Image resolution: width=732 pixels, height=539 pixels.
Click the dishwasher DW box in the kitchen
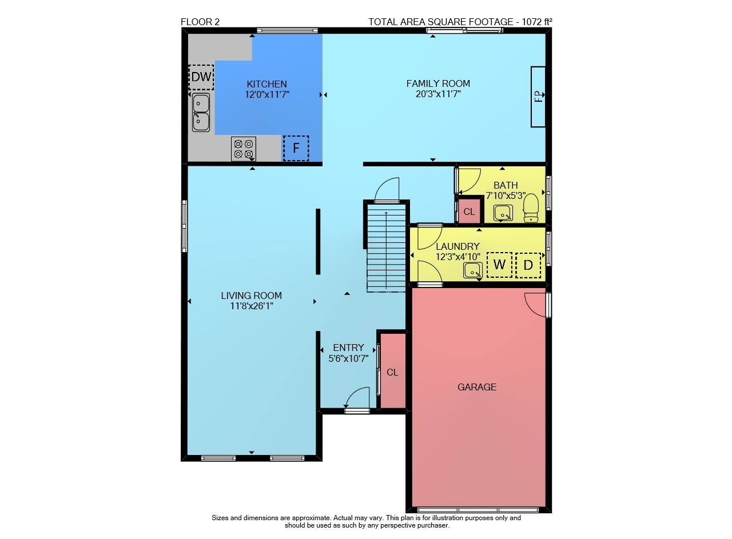coord(201,77)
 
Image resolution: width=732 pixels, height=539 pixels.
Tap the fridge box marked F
coord(296,148)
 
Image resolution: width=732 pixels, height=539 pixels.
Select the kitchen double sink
coord(201,113)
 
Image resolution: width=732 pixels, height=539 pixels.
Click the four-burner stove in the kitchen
coord(244,149)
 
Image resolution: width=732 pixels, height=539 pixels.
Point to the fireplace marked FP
coord(538,97)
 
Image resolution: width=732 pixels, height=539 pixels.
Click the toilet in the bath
coord(531,207)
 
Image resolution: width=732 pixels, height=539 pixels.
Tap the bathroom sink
coord(503,213)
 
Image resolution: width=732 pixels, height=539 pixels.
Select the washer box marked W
coord(499,265)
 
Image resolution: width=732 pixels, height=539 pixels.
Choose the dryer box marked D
coord(528,265)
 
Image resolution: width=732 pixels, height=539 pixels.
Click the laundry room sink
coord(473,271)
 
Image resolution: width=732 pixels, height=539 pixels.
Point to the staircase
coord(386,248)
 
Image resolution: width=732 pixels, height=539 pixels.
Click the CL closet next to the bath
coord(469,211)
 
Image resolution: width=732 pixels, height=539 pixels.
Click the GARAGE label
coord(477,387)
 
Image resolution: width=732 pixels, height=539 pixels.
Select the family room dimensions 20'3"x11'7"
coord(438,94)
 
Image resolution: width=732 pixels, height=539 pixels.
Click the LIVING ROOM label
coord(251,296)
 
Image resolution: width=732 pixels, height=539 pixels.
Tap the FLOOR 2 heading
coord(200,22)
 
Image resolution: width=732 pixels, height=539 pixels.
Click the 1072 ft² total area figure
coord(537,22)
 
